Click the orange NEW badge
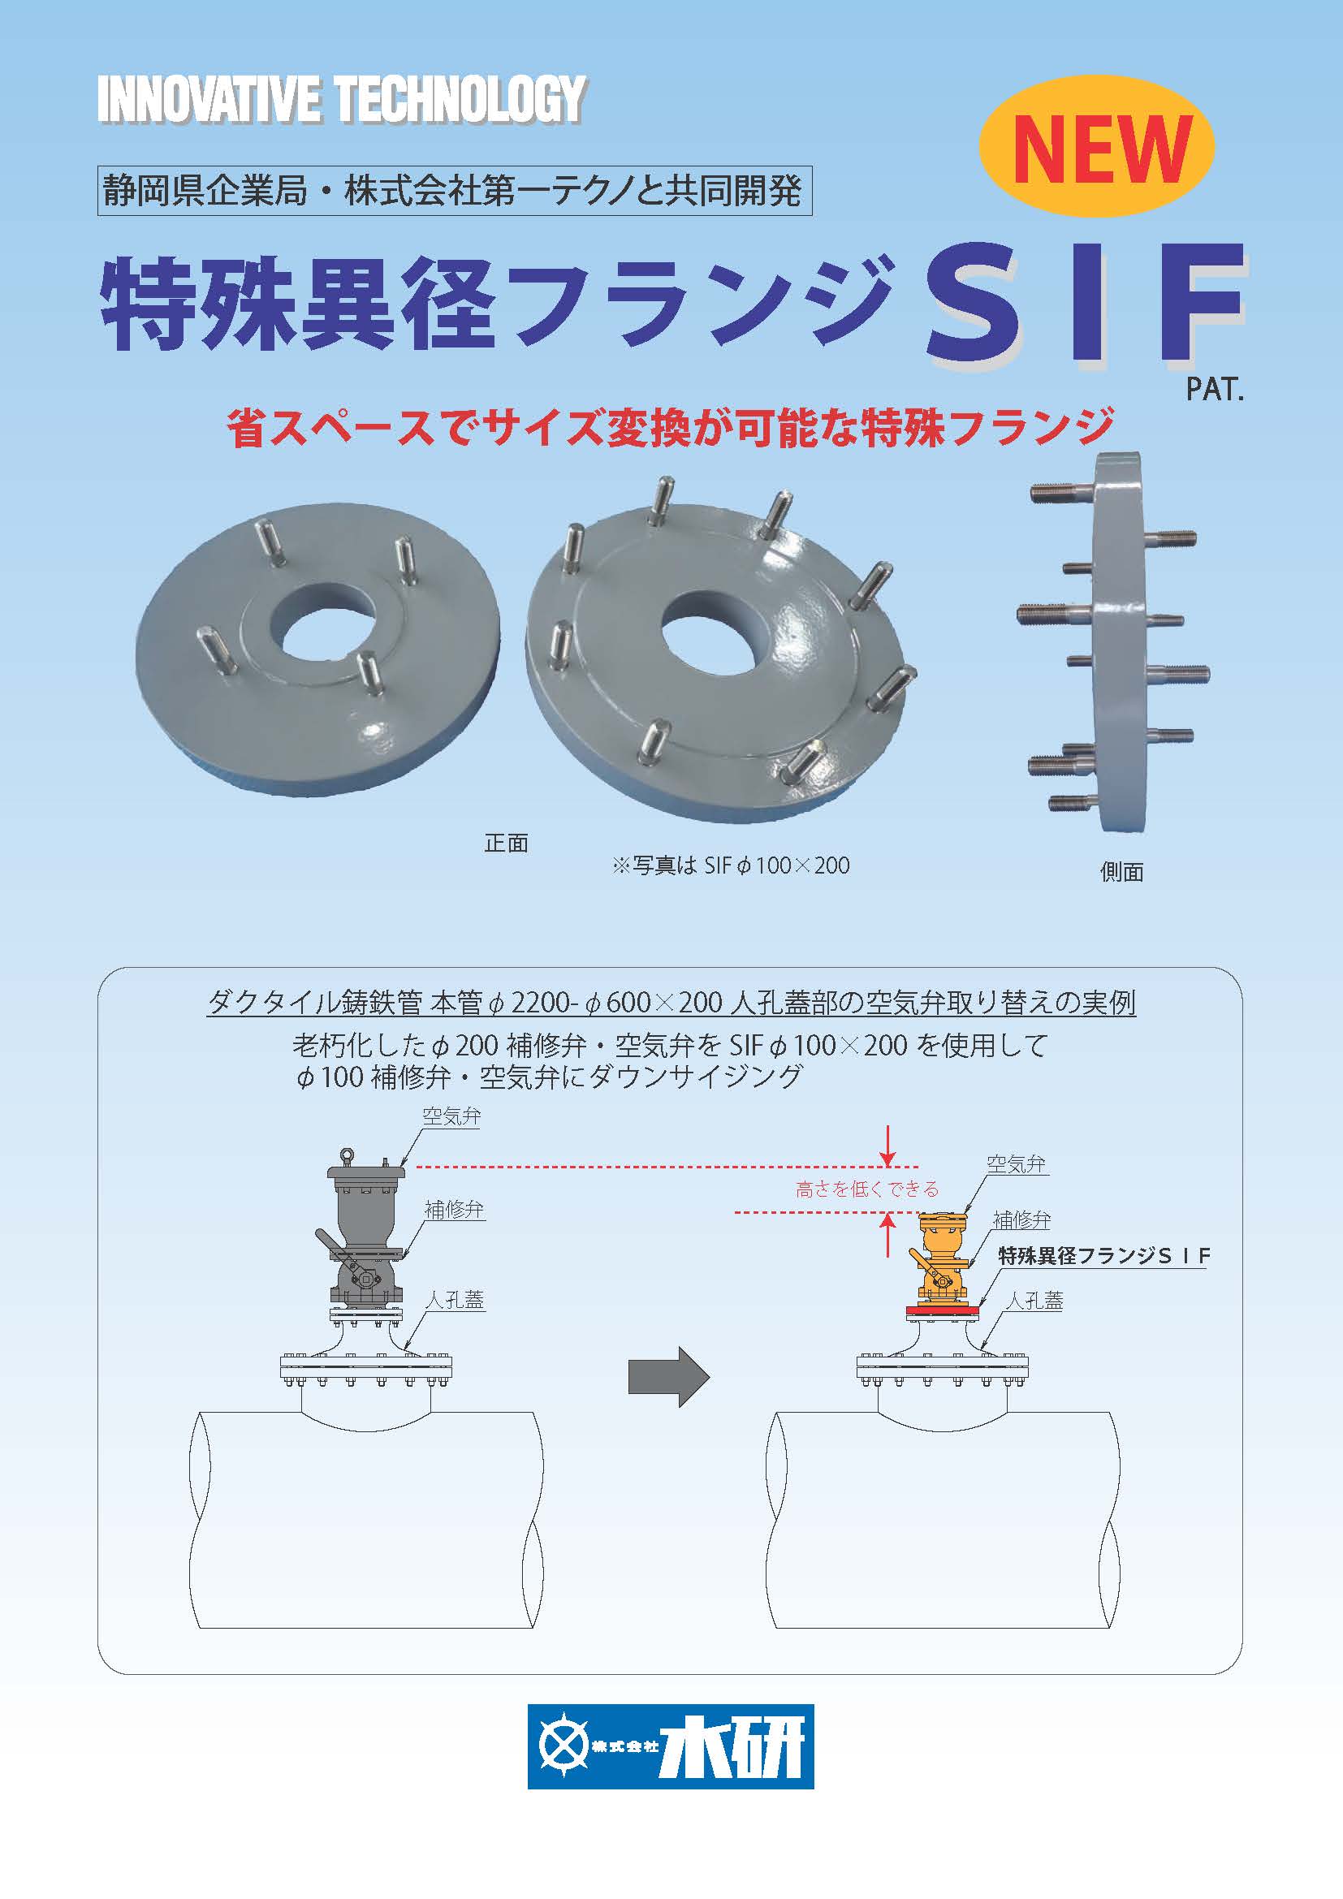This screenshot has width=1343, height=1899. [1096, 146]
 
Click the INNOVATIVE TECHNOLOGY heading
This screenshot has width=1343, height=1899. [343, 100]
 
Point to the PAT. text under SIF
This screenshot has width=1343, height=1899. [1215, 390]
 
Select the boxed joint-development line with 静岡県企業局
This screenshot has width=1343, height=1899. [455, 191]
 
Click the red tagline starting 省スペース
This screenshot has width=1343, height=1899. [671, 427]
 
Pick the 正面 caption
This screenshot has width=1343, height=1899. [505, 844]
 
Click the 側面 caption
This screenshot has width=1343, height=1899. [1121, 872]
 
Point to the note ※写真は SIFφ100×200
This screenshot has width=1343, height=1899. [731, 866]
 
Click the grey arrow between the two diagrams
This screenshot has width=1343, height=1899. [669, 1376]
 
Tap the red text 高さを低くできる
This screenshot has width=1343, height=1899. [867, 1189]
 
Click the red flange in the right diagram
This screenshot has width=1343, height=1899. [942, 1310]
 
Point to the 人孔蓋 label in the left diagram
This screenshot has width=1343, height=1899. [455, 1300]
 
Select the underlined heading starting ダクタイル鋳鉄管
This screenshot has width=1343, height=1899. [671, 1003]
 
